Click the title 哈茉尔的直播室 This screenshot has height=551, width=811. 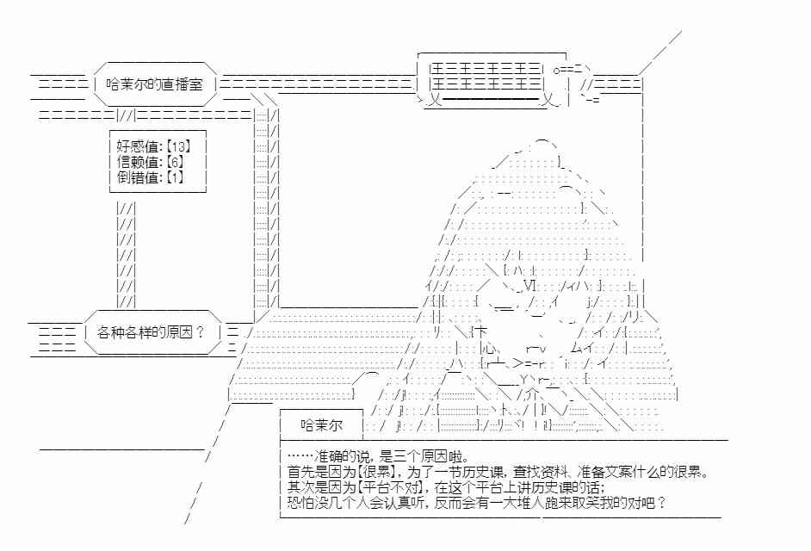tap(154, 84)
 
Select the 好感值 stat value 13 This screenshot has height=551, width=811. tap(179, 145)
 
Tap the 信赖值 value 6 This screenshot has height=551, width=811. tap(176, 161)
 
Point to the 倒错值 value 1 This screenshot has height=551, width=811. tap(176, 177)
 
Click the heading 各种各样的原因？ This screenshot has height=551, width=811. tap(151, 331)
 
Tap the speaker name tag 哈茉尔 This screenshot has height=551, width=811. tap(321, 425)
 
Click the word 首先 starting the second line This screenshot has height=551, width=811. tap(300, 472)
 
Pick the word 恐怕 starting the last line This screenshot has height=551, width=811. tap(300, 503)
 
